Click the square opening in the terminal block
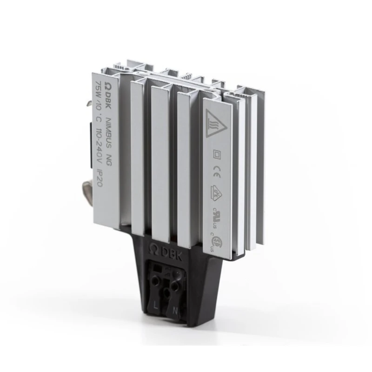pyautogui.click(x=157, y=268)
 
